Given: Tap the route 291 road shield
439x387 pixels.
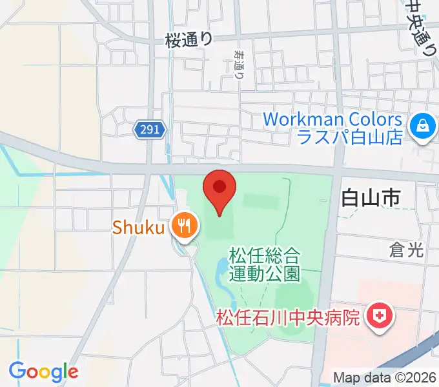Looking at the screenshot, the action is (150, 130).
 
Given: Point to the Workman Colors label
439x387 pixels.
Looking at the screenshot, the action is (332, 119).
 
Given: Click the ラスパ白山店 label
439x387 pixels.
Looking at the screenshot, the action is (349, 137).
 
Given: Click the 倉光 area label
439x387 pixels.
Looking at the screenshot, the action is (407, 250).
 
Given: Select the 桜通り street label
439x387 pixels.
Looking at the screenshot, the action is (189, 40).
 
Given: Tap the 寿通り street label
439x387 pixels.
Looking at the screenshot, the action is (240, 65).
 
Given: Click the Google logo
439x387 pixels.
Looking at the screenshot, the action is (43, 372).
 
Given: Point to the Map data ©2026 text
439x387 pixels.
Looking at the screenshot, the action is (384, 377).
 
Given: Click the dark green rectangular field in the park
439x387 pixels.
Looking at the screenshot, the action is (261, 203).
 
